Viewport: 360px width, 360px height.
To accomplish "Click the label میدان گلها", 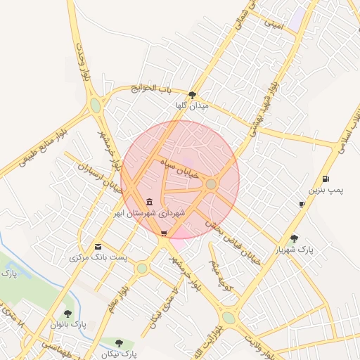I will pyautogui.click(x=193, y=105).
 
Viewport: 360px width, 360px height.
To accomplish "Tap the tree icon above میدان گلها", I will pyautogui.click(x=193, y=94).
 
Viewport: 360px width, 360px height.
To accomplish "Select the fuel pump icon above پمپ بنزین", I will pyautogui.click(x=326, y=179).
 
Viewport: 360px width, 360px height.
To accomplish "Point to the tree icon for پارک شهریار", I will pyautogui.click(x=294, y=238).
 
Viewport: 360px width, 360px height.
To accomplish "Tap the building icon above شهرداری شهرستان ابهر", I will pyautogui.click(x=149, y=202).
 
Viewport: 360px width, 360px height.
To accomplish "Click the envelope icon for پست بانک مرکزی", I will pyautogui.click(x=98, y=247).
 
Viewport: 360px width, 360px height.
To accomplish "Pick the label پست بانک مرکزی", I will pyautogui.click(x=99, y=258).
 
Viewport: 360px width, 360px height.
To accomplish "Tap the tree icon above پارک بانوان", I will pyautogui.click(x=67, y=314).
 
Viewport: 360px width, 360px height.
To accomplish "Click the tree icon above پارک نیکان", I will pyautogui.click(x=118, y=343).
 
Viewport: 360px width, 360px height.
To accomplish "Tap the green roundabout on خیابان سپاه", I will pyautogui.click(x=211, y=184).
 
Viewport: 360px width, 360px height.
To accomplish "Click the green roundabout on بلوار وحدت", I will pyautogui.click(x=95, y=105).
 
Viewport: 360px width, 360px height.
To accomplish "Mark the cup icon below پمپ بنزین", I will pyautogui.click(x=302, y=205).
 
